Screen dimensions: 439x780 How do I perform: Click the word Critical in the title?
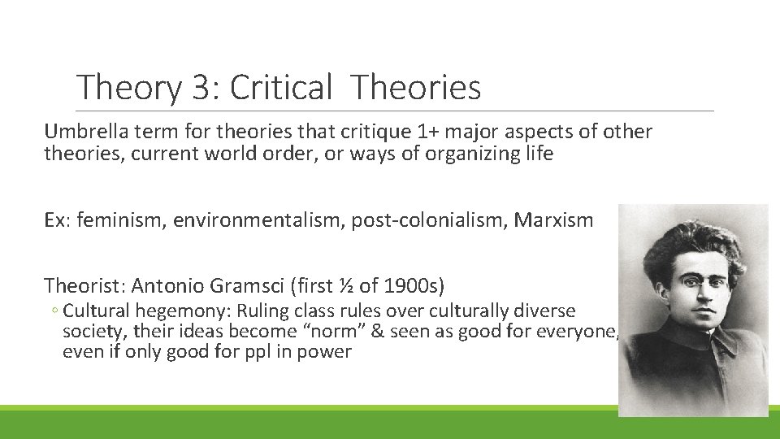click(281, 88)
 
